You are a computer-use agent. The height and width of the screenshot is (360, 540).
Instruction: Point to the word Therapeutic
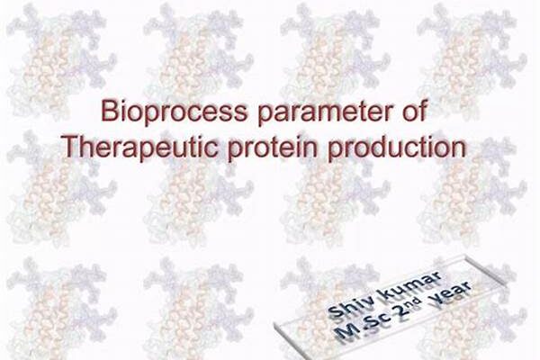(x=139, y=147)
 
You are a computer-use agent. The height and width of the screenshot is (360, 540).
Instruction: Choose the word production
(x=397, y=147)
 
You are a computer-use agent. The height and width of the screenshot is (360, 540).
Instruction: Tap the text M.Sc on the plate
(x=364, y=326)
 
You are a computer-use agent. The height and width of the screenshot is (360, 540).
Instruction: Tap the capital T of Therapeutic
(x=70, y=146)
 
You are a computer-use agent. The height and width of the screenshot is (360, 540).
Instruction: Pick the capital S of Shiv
(x=335, y=311)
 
